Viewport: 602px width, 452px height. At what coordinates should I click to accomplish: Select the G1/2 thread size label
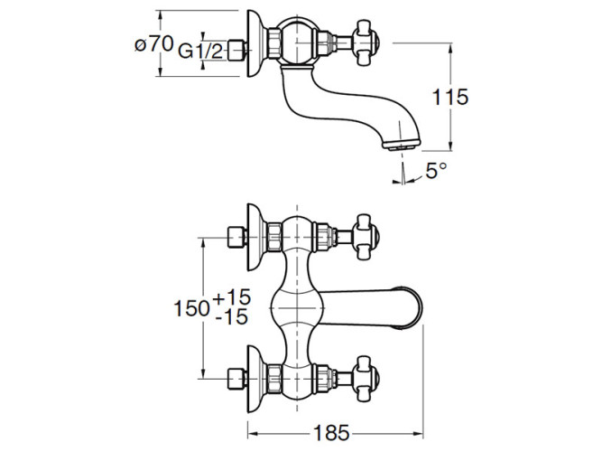coord(202,52)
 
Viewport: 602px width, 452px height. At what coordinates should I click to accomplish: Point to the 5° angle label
coord(437,170)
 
